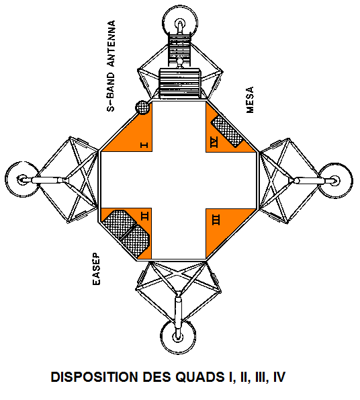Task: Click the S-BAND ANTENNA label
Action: pos(111,66)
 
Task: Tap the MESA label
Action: pos(250,99)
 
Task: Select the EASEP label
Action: pos(96,269)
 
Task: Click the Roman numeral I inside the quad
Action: pos(144,145)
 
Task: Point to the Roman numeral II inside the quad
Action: pos(144,216)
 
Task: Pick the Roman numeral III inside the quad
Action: pos(216,220)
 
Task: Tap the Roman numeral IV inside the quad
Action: pos(214,142)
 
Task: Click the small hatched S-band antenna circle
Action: pos(142,107)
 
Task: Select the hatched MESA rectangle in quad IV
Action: pos(227,131)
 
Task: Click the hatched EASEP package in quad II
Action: pos(126,233)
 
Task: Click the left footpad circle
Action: pos(22,179)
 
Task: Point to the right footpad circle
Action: pos(335,181)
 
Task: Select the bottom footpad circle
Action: pos(179,336)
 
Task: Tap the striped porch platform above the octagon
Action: pos(179,83)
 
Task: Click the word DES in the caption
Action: pos(155,376)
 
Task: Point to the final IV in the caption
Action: pos(279,376)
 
